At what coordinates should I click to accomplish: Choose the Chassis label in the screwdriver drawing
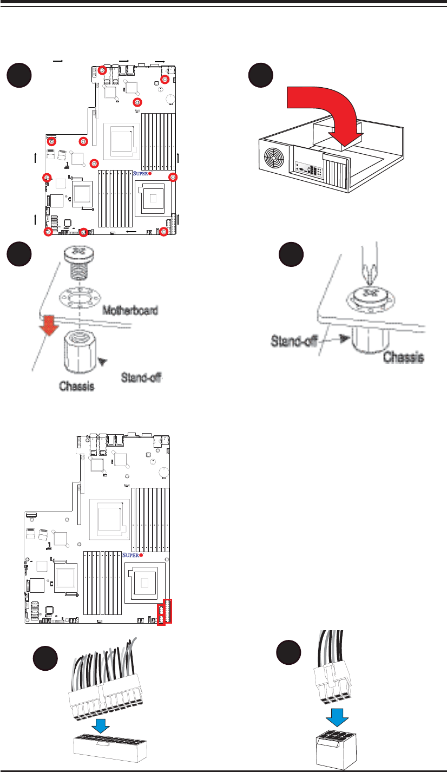tap(404, 357)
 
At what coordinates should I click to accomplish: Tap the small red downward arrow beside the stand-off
tap(49, 325)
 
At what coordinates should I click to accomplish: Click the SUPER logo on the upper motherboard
tap(142, 174)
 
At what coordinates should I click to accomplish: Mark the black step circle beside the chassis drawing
tap(262, 75)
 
